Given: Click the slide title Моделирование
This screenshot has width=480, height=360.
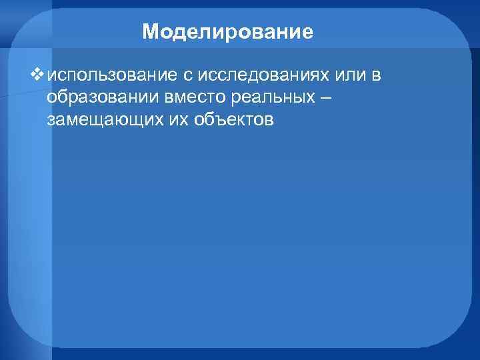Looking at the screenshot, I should click(227, 31).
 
